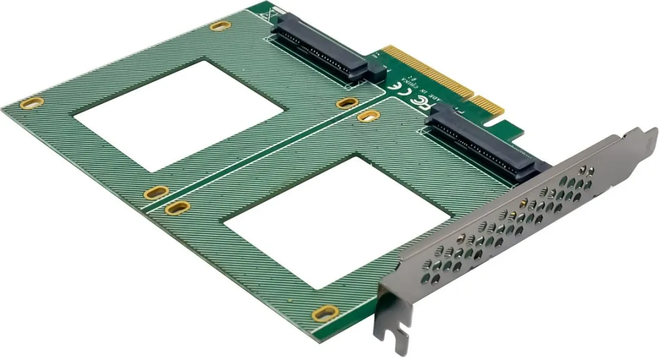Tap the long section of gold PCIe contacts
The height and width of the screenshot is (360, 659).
(x=427, y=74)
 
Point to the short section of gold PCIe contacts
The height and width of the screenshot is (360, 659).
(x=492, y=108)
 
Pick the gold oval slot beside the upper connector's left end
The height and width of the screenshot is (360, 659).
(x=220, y=26)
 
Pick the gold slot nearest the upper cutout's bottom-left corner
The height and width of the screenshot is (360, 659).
(x=156, y=193)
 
